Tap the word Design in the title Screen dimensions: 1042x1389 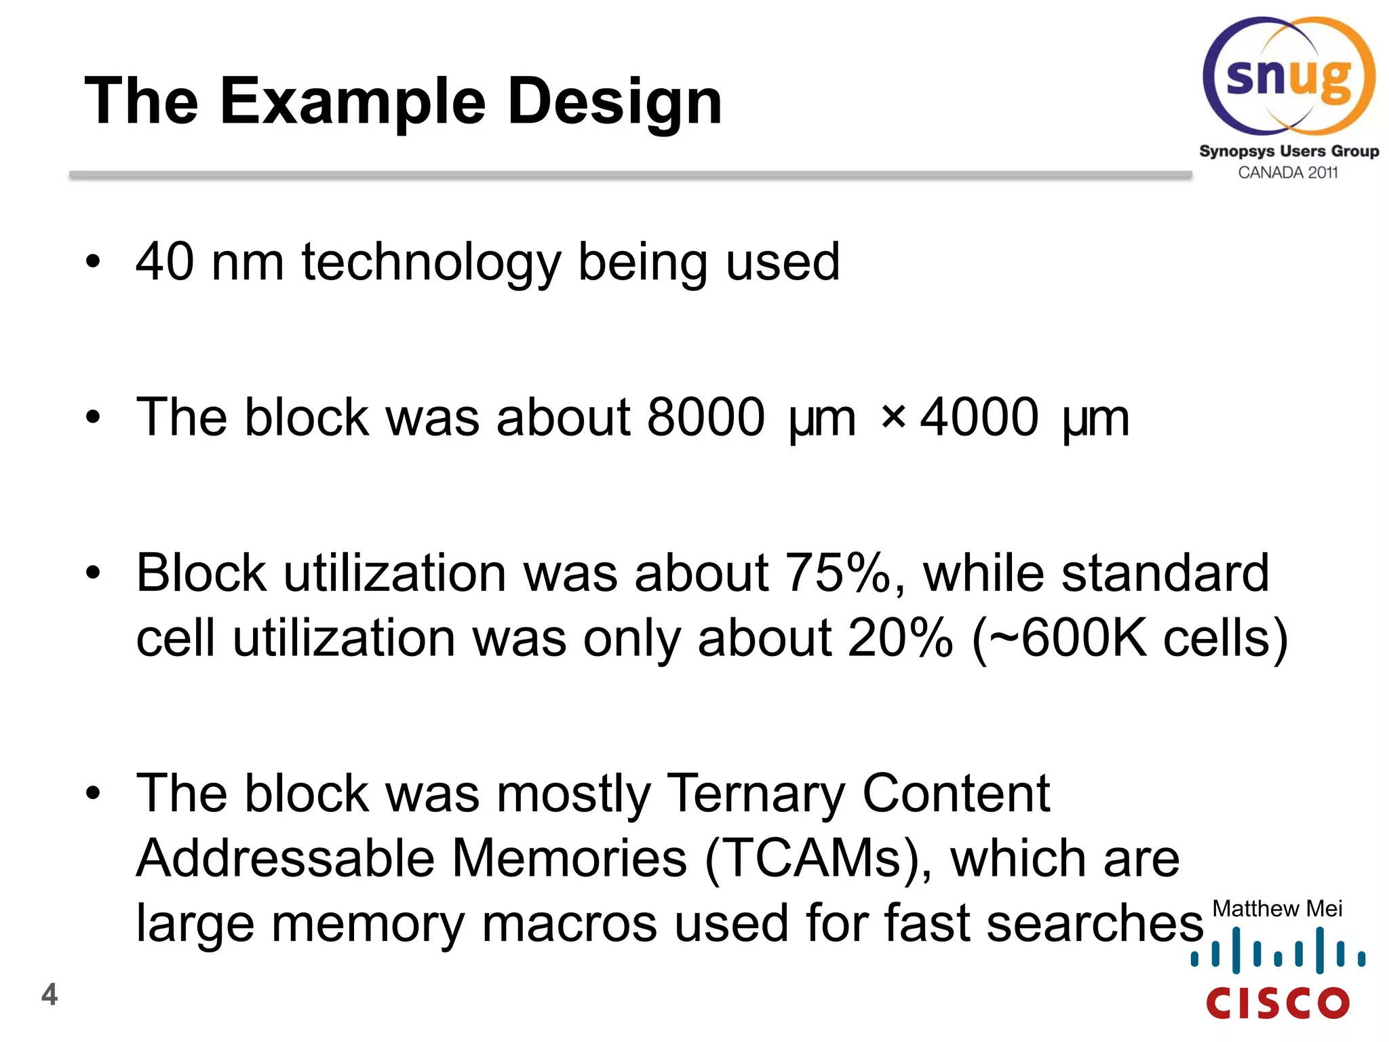[614, 102]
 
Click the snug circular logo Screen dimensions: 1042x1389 [1289, 76]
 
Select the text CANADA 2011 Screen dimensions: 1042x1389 [1288, 173]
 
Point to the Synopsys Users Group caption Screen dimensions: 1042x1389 [1289, 151]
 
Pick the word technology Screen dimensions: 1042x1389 [431, 263]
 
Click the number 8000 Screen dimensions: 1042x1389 [705, 417]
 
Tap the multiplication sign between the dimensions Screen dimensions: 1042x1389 [893, 417]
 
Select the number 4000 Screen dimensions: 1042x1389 [979, 417]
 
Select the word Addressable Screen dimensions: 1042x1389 [286, 858]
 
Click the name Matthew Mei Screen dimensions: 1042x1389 [1277, 908]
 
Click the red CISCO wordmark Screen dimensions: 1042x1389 [1278, 1003]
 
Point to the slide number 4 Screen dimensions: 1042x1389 [50, 995]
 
